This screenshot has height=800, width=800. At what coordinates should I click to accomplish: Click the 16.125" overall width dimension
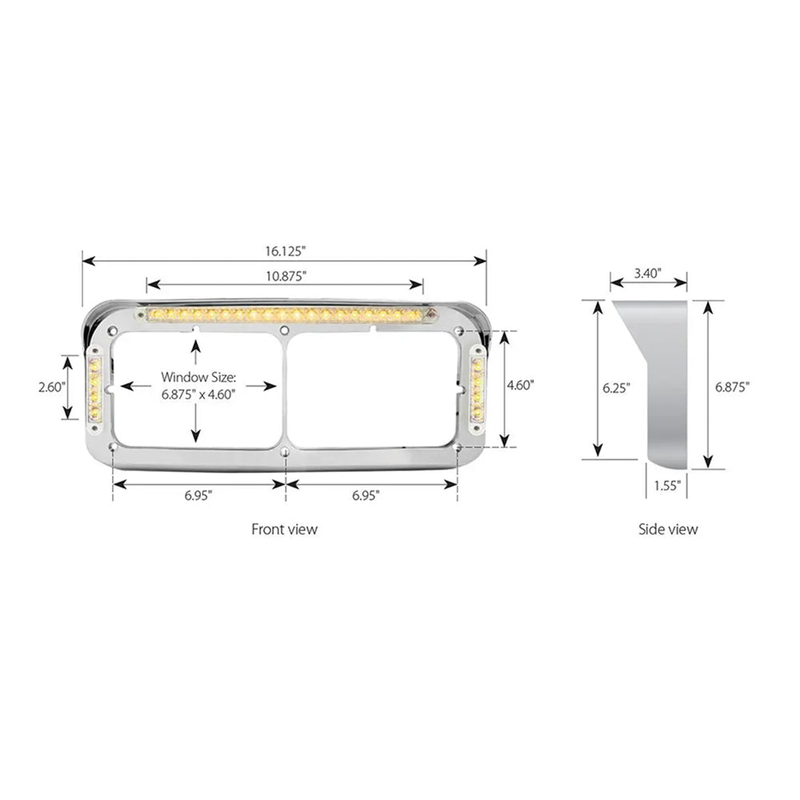click(286, 250)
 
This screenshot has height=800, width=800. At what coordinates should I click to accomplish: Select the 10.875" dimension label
click(286, 275)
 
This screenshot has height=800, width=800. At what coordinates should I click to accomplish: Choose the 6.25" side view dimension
click(616, 387)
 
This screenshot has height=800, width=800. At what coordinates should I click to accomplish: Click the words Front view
click(284, 529)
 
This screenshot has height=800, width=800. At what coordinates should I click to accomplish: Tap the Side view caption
click(667, 529)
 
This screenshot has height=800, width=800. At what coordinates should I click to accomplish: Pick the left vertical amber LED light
click(94, 390)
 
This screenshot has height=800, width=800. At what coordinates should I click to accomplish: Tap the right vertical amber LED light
click(480, 390)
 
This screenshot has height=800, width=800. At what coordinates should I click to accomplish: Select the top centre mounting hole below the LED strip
click(285, 330)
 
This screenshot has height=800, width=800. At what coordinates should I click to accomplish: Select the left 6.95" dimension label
click(198, 495)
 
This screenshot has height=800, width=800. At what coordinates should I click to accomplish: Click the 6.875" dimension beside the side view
click(732, 387)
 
